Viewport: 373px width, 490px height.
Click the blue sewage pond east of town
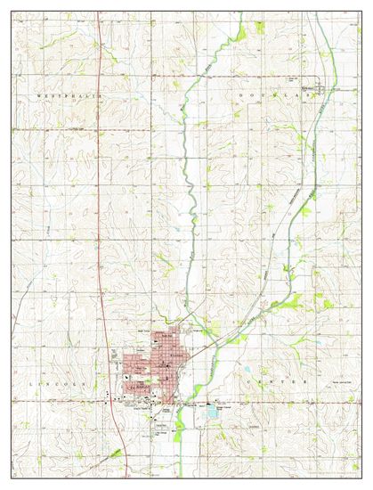tap(213, 410)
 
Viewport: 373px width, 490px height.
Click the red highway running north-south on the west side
tap(100, 178)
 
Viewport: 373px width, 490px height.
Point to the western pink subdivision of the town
tap(129, 363)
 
